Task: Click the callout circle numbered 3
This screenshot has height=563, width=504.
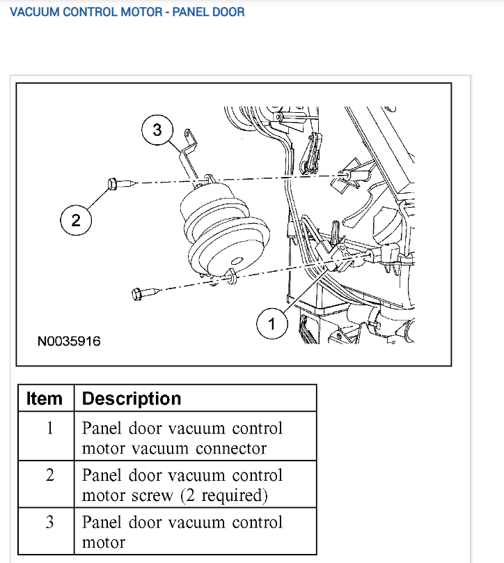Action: tap(157, 130)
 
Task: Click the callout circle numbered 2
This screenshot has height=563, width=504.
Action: tap(76, 221)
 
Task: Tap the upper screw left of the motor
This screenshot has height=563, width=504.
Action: tap(113, 183)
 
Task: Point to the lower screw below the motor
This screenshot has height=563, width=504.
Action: tap(138, 293)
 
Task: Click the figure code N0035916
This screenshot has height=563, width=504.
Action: tap(69, 341)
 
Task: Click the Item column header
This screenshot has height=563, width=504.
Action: tap(45, 399)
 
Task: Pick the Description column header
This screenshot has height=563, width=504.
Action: tap(132, 399)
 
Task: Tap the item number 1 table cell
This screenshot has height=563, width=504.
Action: tap(49, 428)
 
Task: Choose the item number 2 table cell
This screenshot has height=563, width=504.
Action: tap(49, 475)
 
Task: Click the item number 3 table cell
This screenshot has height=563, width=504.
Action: tap(49, 523)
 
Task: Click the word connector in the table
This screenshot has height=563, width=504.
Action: tap(231, 448)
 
